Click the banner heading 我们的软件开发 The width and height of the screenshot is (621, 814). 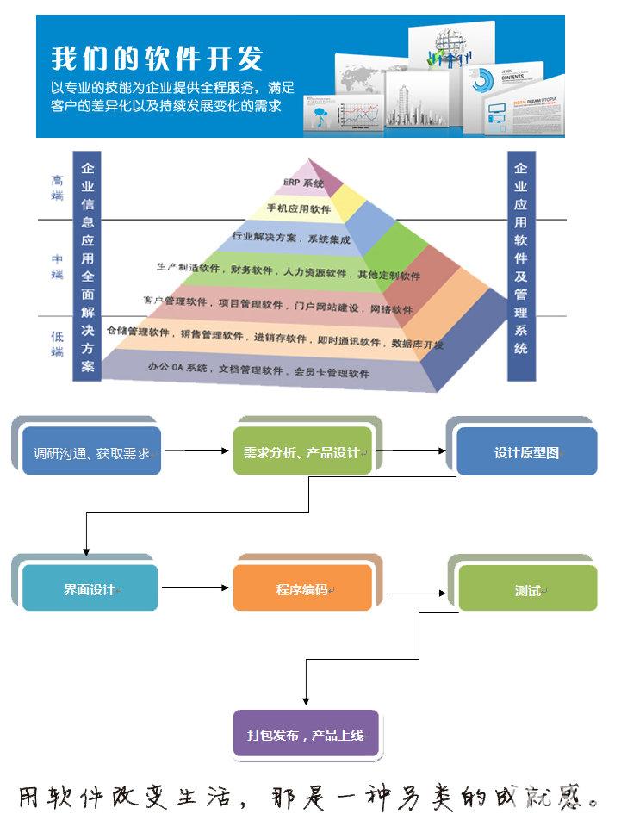pyautogui.click(x=157, y=59)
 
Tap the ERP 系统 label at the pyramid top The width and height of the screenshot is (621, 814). pyautogui.click(x=303, y=183)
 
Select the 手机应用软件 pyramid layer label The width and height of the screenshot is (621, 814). pyautogui.click(x=299, y=208)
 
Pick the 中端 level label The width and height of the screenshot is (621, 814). pyautogui.click(x=57, y=266)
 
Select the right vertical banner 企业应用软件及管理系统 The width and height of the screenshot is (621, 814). pyautogui.click(x=521, y=258)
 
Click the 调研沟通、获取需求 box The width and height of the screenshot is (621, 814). pyautogui.click(x=91, y=452)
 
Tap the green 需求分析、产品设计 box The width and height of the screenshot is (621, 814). pyautogui.click(x=302, y=452)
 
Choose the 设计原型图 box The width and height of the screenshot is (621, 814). pyautogui.click(x=526, y=452)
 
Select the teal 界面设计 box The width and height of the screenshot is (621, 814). pyautogui.click(x=90, y=589)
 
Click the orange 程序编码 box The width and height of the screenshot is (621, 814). pyautogui.click(x=302, y=589)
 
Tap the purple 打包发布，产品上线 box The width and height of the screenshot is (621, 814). pyautogui.click(x=305, y=735)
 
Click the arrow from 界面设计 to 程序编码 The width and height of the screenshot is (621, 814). pyautogui.click(x=196, y=589)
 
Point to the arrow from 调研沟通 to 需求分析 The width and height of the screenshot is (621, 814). pyautogui.click(x=197, y=450)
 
